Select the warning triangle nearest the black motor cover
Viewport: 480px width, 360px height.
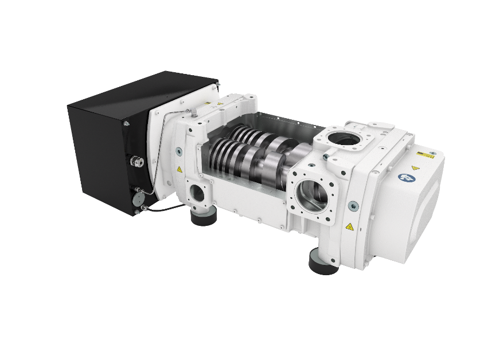(180, 170)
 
